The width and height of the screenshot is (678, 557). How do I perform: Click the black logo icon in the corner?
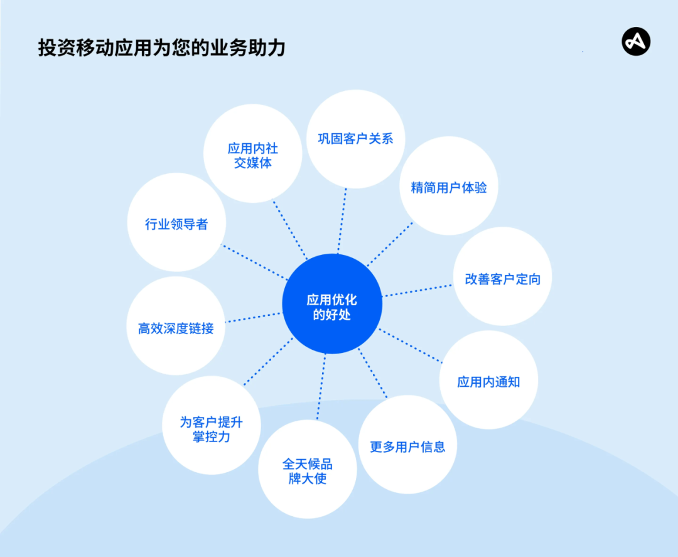pyautogui.click(x=636, y=41)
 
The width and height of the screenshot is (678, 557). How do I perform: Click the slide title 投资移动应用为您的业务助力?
pyautogui.click(x=162, y=48)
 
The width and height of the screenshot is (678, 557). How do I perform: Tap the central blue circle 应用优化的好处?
pyautogui.click(x=332, y=303)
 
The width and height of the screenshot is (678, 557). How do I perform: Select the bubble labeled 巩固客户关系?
pyautogui.click(x=356, y=139)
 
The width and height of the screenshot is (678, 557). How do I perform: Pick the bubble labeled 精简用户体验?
pyautogui.click(x=449, y=186)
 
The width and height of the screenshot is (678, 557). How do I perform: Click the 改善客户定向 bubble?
pyautogui.click(x=502, y=276)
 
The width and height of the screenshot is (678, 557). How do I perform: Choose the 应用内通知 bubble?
pyautogui.click(x=488, y=380)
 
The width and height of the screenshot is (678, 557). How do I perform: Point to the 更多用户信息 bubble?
pyautogui.click(x=408, y=445)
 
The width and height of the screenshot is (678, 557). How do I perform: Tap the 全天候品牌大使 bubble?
pyautogui.click(x=308, y=469)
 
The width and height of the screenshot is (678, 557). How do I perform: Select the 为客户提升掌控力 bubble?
pyautogui.click(x=212, y=426)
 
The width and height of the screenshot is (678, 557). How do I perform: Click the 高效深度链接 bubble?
pyautogui.click(x=176, y=326)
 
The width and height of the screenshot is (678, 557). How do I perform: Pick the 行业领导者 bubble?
pyautogui.click(x=176, y=222)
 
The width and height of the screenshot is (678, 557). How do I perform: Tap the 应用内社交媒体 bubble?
pyautogui.click(x=253, y=153)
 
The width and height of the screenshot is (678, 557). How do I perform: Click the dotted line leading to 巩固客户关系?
pyautogui.click(x=342, y=221)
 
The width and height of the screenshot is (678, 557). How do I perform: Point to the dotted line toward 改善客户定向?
pyautogui.click(x=417, y=291)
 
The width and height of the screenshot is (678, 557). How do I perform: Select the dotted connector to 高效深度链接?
pyautogui.click(x=254, y=317)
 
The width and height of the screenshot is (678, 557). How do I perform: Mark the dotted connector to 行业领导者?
pyautogui.click(x=255, y=262)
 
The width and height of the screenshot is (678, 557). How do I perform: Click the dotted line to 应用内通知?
pyautogui.click(x=411, y=345)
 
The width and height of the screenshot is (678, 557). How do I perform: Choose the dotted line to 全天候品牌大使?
pyautogui.click(x=321, y=387)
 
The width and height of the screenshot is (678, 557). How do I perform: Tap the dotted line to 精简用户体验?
pyautogui.click(x=390, y=244)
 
